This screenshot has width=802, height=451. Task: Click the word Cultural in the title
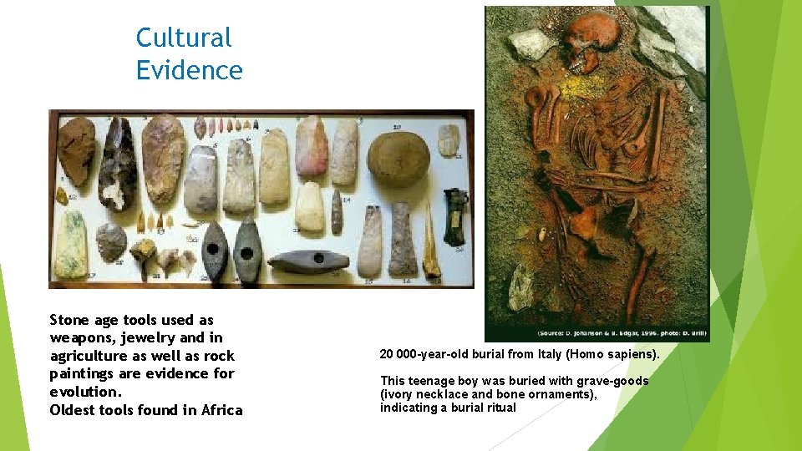pyautogui.click(x=184, y=38)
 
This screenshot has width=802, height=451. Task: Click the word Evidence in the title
pyautogui.click(x=190, y=70)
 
